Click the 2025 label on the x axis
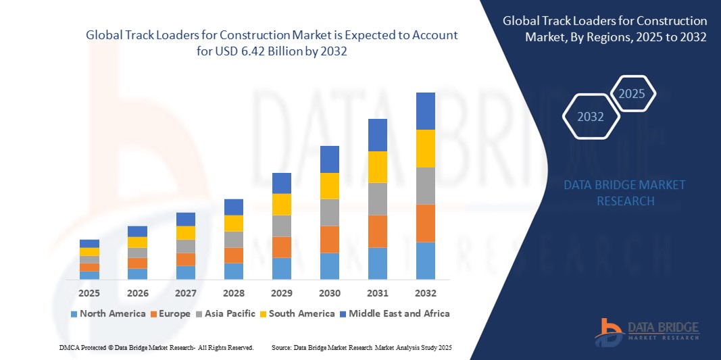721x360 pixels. tap(89, 293)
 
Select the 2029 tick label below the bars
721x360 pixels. tap(281, 293)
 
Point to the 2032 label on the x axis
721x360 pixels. tap(425, 293)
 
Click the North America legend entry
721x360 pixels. tap(107, 313)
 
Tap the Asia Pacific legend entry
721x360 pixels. tap(226, 313)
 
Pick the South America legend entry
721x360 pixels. tap(297, 313)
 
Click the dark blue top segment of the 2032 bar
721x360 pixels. tap(425, 111)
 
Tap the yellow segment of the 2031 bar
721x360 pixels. tap(377, 167)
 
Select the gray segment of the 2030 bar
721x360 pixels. tap(329, 212)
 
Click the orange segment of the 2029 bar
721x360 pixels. tap(281, 247)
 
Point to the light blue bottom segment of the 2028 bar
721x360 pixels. tap(233, 271)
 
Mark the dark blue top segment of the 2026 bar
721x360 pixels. tap(137, 231)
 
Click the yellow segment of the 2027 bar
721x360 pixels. tap(185, 232)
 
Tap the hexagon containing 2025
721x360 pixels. tap(632, 94)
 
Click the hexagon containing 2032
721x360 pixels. tap(591, 117)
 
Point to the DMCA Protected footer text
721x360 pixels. tap(155, 347)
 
